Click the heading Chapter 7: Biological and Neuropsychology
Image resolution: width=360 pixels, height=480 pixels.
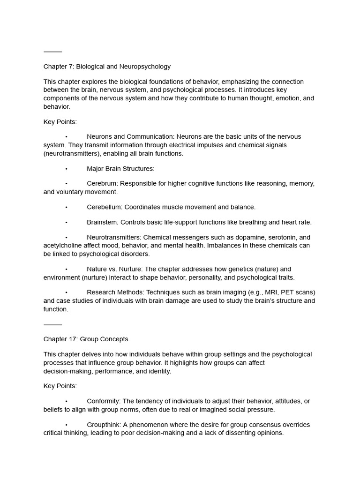tap(107, 67)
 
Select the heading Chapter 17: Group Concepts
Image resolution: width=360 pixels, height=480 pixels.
tap(86, 339)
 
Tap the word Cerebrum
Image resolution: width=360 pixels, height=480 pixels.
tap(102, 183)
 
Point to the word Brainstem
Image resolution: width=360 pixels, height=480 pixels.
tap(102, 222)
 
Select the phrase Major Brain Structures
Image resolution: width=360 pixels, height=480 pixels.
tap(120, 168)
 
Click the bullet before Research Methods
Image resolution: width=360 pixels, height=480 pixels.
tap(67, 292)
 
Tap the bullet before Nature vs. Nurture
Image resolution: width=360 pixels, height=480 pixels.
tap(67, 269)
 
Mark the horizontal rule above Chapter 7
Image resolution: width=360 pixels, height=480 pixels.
tap(52, 52)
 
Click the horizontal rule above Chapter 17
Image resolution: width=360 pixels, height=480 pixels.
tap(52, 324)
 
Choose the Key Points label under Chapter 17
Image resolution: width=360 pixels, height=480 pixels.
tap(60, 386)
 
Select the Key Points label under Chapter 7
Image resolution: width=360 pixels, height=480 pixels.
tap(60, 122)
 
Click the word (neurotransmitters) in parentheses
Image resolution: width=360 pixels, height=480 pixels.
tap(72, 153)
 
